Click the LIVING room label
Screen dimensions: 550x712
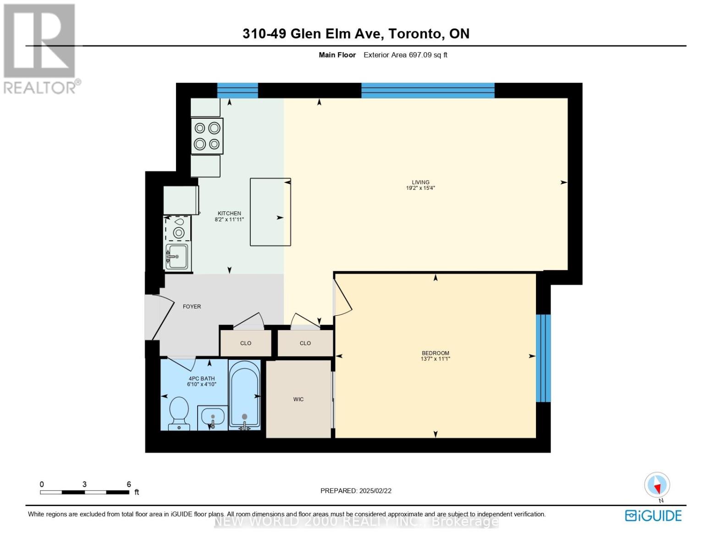pos(420,182)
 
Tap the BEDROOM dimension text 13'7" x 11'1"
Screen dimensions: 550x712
pos(435,359)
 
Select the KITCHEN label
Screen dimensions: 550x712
pos(229,213)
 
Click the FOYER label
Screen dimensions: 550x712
pos(192,307)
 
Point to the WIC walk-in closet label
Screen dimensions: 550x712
pos(298,399)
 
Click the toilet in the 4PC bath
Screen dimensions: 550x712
pos(179,412)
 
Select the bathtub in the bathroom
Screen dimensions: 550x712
pos(244,395)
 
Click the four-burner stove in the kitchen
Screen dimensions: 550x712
pos(207,136)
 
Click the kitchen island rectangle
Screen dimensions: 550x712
pos(270,212)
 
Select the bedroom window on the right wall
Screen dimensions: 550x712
pos(543,358)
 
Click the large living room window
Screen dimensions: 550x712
pos(428,90)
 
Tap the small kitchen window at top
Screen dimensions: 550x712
pos(237,90)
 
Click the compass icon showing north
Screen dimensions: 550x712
pos(657,485)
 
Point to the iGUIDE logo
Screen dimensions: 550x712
pos(653,516)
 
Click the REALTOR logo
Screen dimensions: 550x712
pos(40,49)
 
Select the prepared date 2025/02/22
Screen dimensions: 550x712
pos(375,490)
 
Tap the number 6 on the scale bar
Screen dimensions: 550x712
pos(129,484)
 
